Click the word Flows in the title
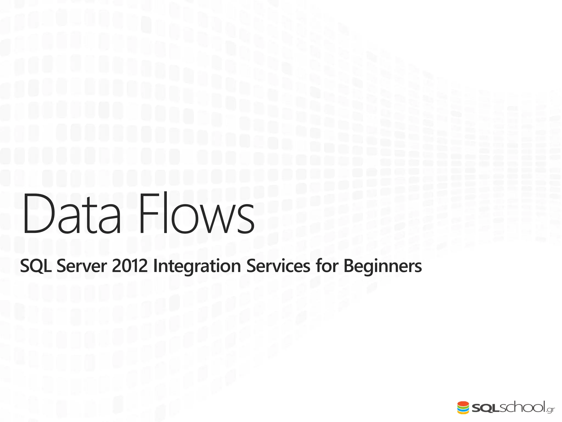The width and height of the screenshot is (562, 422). [196, 214]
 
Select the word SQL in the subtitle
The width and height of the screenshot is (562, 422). [36, 266]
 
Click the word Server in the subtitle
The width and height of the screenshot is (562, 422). [82, 266]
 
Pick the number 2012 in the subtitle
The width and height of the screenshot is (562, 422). [130, 266]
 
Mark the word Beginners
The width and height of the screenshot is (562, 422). [383, 266]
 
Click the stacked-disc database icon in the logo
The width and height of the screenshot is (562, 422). [463, 407]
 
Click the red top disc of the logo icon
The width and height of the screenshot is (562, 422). [463, 403]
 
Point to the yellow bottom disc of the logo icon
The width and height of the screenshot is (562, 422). [463, 412]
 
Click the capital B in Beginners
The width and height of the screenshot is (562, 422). [349, 266]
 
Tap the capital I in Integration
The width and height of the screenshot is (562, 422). [155, 266]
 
